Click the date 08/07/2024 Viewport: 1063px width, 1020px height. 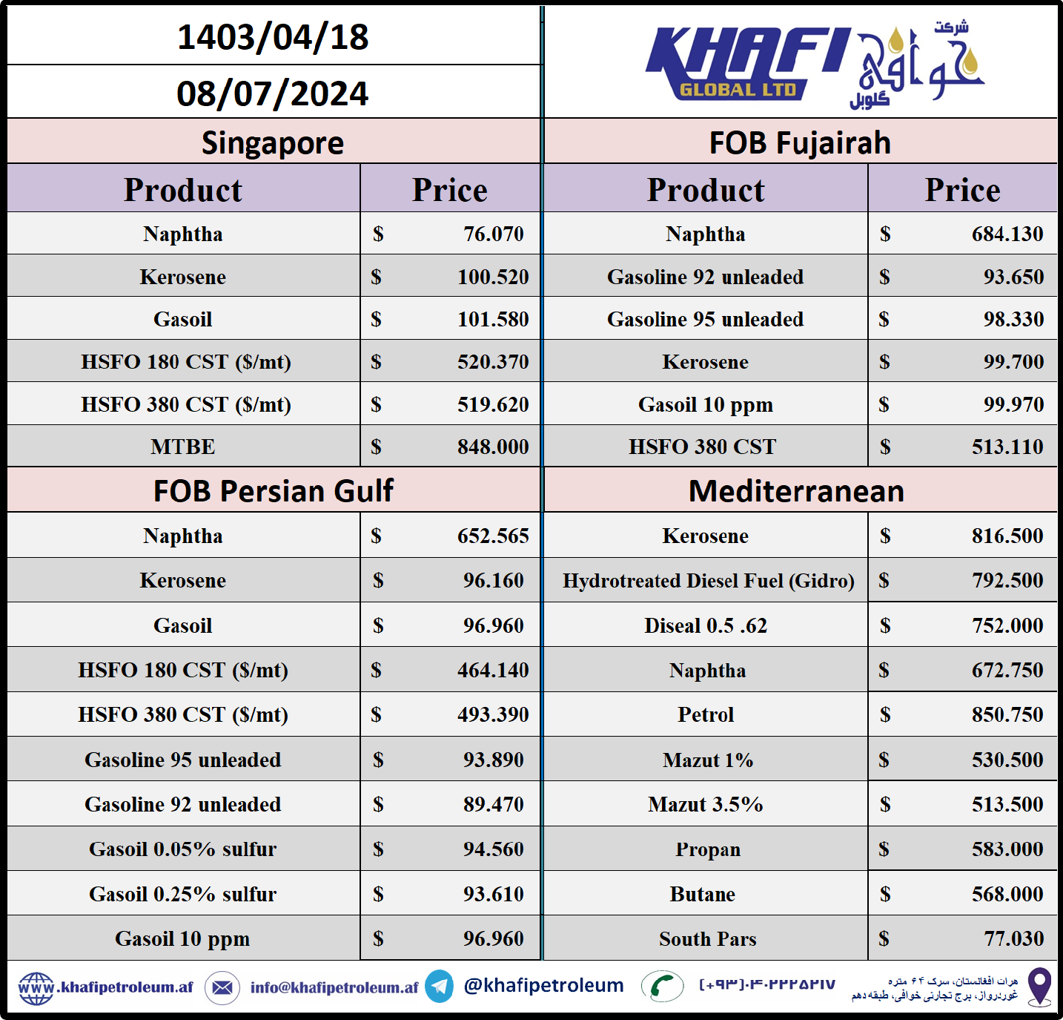click(x=272, y=93)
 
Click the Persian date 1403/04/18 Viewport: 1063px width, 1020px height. click(x=272, y=37)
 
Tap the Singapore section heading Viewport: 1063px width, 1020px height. click(x=272, y=142)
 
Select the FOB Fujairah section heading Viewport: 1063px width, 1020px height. click(x=800, y=142)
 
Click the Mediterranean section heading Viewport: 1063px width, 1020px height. click(x=796, y=491)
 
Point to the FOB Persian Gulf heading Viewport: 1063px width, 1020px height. click(x=273, y=491)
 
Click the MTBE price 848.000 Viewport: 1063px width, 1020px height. click(x=492, y=447)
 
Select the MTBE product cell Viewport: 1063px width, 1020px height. click(x=182, y=447)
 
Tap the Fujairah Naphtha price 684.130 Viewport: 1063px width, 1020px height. click(x=1007, y=234)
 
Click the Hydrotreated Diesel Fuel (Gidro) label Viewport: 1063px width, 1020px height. click(x=708, y=580)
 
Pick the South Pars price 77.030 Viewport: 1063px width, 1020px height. click(x=1013, y=938)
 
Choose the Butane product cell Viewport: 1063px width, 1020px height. click(x=702, y=894)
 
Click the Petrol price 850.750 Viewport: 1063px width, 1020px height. click(x=1007, y=714)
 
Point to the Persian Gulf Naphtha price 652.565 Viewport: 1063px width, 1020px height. click(x=492, y=536)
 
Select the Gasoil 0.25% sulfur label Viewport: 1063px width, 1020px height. click(x=182, y=894)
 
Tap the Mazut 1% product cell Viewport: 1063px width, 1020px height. click(x=707, y=760)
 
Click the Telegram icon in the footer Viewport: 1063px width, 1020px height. click(x=440, y=987)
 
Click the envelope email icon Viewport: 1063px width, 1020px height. click(x=222, y=987)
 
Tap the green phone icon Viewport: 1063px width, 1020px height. click(x=661, y=987)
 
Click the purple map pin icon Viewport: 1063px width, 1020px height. click(x=1039, y=986)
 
